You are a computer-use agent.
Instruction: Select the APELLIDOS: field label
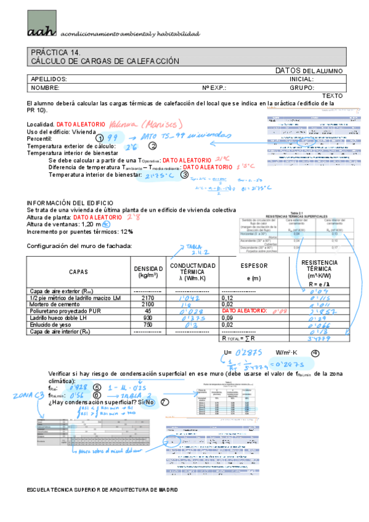tap(49, 79)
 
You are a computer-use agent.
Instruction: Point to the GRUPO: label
tap(302, 88)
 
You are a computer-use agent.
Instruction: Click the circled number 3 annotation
tap(184, 174)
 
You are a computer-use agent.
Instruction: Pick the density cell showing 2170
tap(147, 297)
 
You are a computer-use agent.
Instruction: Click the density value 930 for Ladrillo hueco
tap(147, 318)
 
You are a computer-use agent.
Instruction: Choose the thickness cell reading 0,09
tap(229, 318)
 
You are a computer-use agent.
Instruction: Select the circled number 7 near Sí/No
tap(164, 403)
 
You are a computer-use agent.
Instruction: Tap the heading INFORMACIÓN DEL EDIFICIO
tap(70, 203)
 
